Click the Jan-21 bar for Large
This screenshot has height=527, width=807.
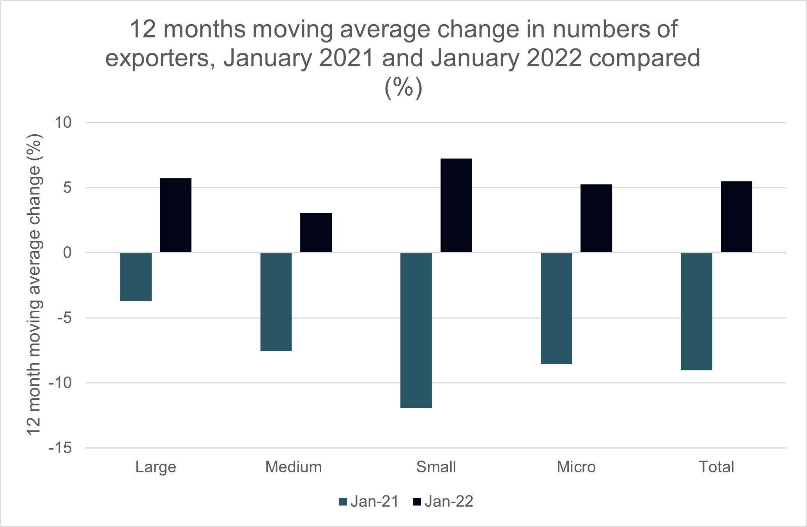coord(136,277)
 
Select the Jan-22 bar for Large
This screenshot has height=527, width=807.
coord(175,215)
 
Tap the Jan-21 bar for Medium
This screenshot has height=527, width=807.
coord(276,302)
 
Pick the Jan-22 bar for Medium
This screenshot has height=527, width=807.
coord(316,233)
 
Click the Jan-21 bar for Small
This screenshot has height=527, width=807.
coord(416,330)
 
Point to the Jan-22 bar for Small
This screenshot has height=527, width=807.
coord(456,205)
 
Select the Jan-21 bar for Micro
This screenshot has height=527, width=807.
coord(556,308)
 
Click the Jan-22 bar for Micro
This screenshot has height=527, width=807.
coord(596,218)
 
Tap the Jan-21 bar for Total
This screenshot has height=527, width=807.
coord(696,311)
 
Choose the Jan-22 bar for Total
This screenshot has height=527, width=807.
coord(736,217)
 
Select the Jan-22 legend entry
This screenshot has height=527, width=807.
coord(443,502)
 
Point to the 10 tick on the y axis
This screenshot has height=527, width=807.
coord(63,123)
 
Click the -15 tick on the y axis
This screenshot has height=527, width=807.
coord(60,448)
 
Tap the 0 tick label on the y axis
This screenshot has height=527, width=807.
coord(67,253)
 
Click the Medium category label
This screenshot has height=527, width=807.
coord(294,467)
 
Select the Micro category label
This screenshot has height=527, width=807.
coord(576,467)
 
